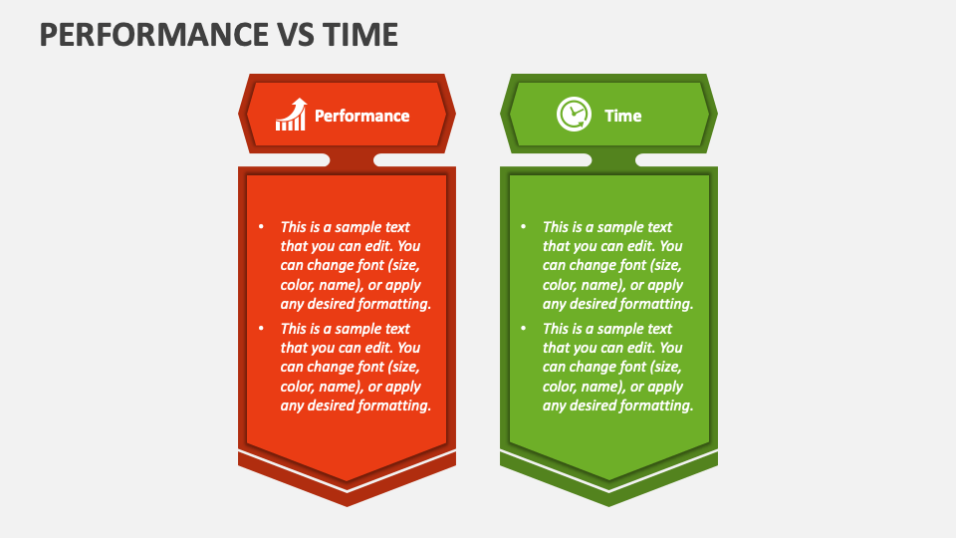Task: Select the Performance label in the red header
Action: pos(361,116)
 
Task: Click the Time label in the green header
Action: pos(622,116)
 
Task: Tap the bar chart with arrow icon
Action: pos(291,115)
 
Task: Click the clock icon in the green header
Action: pos(573,115)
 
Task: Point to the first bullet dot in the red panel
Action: pos(261,227)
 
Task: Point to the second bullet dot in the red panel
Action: pos(261,329)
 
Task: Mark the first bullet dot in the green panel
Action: pos(523,227)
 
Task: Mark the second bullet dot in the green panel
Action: pos(523,329)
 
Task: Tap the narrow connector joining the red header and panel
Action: pos(352,159)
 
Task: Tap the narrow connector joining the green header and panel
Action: pos(613,159)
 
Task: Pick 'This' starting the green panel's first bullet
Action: pos(556,227)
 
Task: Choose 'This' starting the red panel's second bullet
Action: pos(294,329)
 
